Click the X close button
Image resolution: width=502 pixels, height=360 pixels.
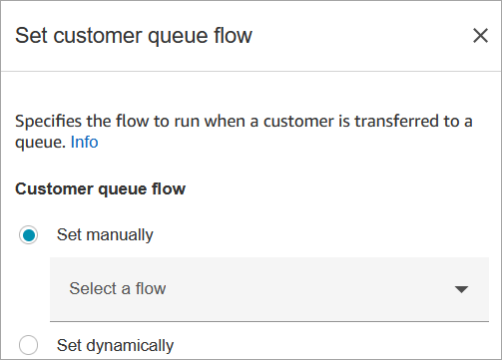pyautogui.click(x=480, y=36)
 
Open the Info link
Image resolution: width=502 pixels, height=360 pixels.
pyautogui.click(x=84, y=142)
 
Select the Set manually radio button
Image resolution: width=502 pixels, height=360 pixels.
pyautogui.click(x=28, y=235)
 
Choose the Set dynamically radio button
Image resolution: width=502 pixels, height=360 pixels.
pyautogui.click(x=28, y=345)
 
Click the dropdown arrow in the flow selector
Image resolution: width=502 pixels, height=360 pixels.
pyautogui.click(x=461, y=289)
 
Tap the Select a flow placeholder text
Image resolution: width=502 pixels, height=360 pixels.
pyautogui.click(x=118, y=288)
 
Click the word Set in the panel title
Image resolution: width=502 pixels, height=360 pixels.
pyautogui.click(x=31, y=36)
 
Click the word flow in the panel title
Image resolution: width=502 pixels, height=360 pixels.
pyautogui.click(x=233, y=35)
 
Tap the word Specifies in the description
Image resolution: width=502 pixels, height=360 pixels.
pyautogui.click(x=48, y=121)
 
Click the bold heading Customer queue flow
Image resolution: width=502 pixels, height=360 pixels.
pyautogui.click(x=100, y=188)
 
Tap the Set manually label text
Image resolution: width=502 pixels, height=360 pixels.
pyautogui.click(x=105, y=235)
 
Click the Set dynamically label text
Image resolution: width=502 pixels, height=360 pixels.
pyautogui.click(x=115, y=346)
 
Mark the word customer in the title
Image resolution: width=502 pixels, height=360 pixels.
pyautogui.click(x=98, y=36)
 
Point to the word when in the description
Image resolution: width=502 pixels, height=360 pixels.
pyautogui.click(x=225, y=121)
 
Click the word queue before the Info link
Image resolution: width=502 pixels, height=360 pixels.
pyautogui.click(x=40, y=144)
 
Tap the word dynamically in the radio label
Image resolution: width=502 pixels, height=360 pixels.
pyautogui.click(x=130, y=346)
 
